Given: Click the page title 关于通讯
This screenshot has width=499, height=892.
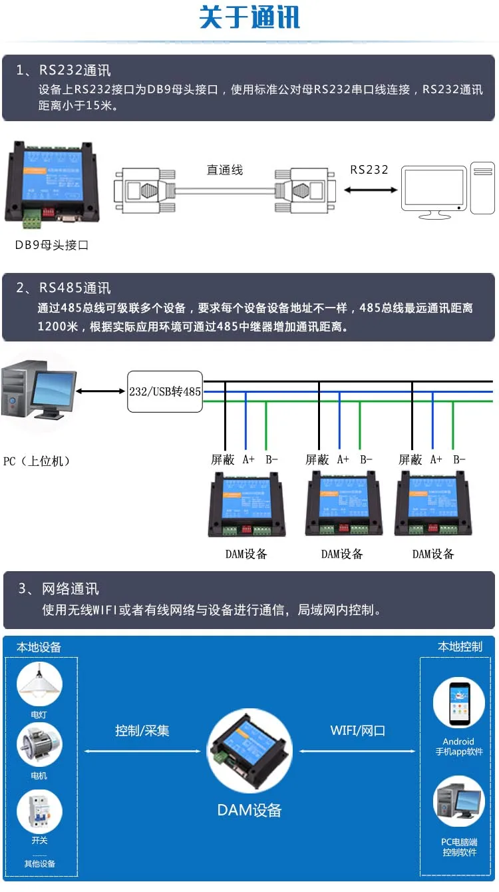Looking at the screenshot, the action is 249,18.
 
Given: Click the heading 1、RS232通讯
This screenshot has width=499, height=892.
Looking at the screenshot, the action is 64,71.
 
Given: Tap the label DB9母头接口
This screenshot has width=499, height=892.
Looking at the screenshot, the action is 52,245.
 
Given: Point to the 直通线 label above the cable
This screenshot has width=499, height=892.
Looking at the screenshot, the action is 225,170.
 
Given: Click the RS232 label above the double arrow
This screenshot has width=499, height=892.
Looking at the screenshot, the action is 369,170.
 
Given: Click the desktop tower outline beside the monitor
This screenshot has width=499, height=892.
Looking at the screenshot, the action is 482,188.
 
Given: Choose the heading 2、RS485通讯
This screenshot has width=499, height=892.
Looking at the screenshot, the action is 64,288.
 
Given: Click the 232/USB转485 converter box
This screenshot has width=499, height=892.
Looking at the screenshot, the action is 165,391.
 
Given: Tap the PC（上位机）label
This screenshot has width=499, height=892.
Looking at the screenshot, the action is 37,461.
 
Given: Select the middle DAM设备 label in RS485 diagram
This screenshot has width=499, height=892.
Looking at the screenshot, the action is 342,554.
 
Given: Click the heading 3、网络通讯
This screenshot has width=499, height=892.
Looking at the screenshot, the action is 59,589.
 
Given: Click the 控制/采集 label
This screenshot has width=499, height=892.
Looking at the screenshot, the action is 142,731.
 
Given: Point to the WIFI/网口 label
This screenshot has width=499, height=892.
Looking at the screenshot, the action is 358,731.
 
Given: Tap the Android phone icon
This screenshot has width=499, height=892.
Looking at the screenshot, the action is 459,703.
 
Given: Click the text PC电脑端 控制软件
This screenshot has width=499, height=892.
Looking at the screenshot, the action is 459,847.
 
